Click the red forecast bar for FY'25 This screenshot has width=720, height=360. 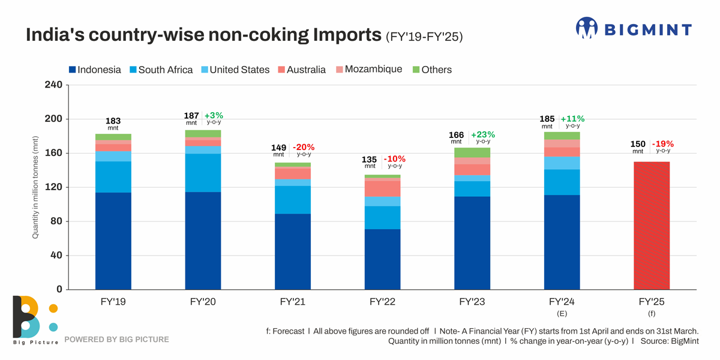(x=652, y=226)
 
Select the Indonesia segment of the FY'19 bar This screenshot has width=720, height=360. (x=113, y=241)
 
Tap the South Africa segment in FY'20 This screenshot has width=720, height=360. (x=203, y=173)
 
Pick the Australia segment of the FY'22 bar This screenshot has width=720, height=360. (x=383, y=188)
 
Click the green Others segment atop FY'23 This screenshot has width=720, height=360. (x=472, y=152)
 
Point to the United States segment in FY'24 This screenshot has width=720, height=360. (x=562, y=163)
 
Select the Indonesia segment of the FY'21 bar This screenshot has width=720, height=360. (x=293, y=251)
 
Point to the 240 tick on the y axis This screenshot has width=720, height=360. (x=53, y=85)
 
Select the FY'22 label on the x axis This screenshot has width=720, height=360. (x=383, y=302)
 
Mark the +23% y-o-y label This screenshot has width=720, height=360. (x=483, y=135)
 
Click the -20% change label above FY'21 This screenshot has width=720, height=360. (x=304, y=147)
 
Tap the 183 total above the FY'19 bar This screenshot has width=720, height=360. (x=113, y=121)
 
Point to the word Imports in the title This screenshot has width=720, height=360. (x=346, y=35)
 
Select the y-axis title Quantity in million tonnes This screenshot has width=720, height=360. (x=35, y=187)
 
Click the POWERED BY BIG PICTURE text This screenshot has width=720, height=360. (x=116, y=340)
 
